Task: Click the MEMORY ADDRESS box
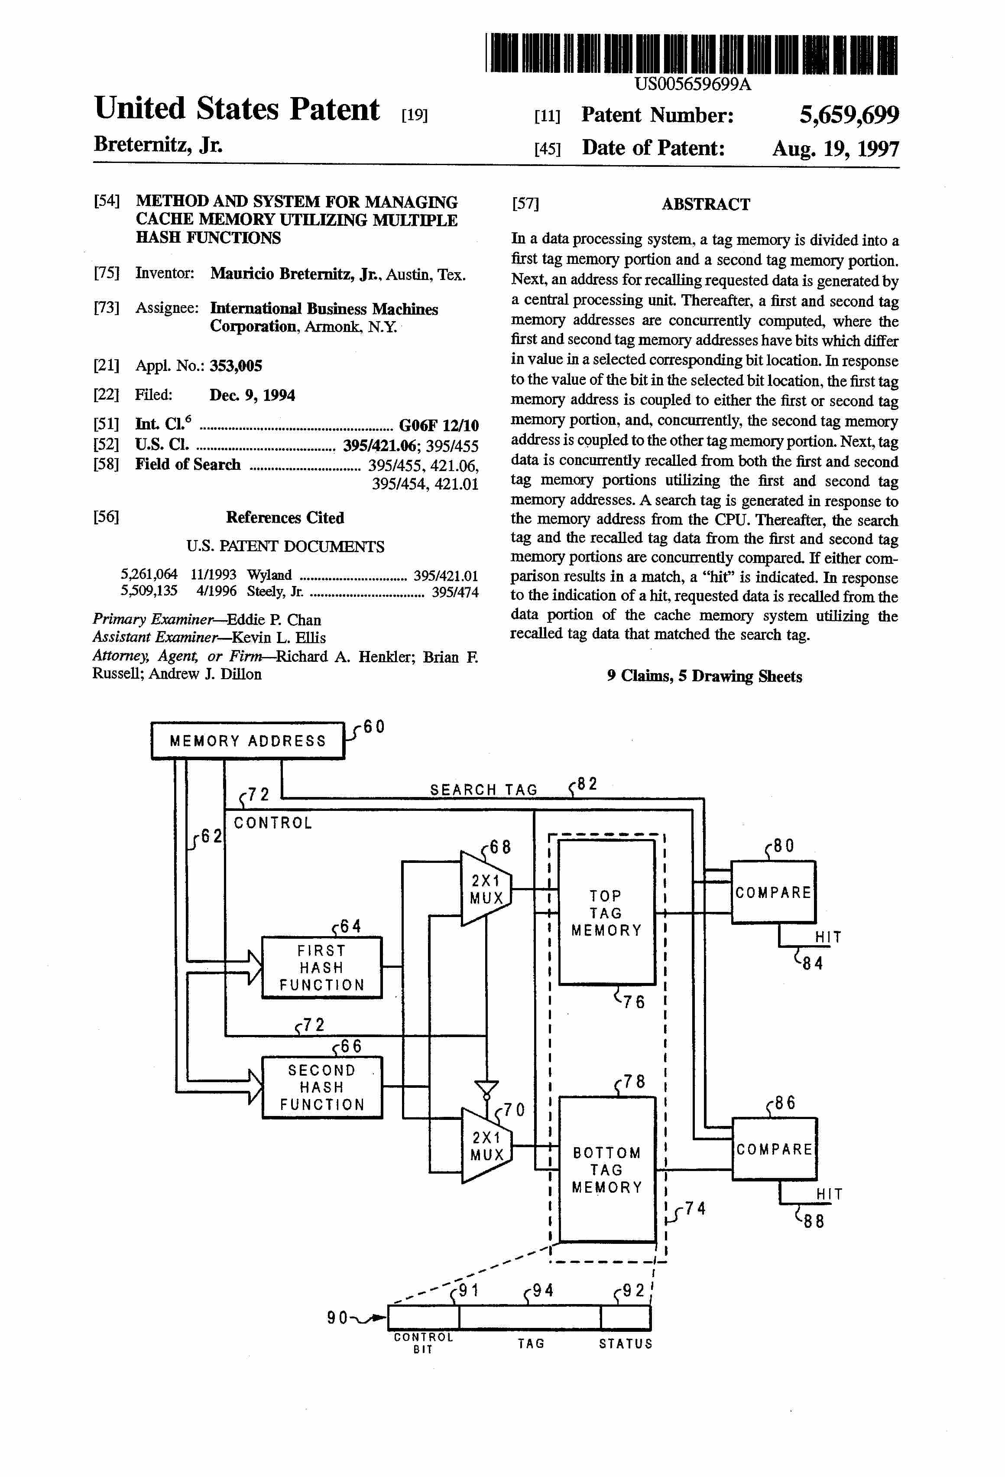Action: [x=248, y=740]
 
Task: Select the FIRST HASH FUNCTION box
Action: [x=322, y=967]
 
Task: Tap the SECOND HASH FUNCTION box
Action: [x=322, y=1087]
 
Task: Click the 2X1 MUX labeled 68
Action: [x=486, y=888]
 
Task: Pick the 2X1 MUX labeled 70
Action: [x=486, y=1146]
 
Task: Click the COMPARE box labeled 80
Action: [x=773, y=891]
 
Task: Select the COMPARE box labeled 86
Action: [x=775, y=1149]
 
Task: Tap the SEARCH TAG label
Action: [x=483, y=789]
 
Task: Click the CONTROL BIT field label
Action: [x=423, y=1343]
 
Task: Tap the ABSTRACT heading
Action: [x=706, y=204]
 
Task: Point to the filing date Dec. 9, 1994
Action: [x=252, y=395]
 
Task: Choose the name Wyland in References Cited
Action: [x=269, y=575]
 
